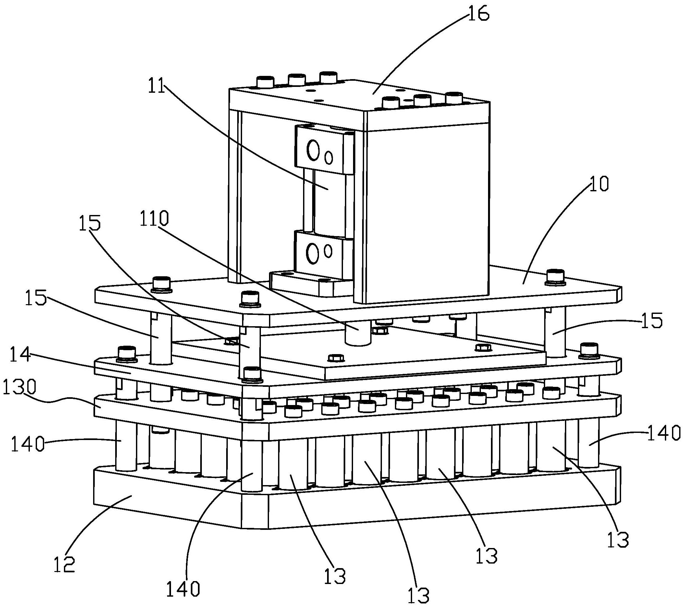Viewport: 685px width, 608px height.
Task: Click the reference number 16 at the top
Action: [478, 14]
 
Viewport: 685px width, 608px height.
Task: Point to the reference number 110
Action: [159, 220]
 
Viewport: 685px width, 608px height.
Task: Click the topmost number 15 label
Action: [90, 223]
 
